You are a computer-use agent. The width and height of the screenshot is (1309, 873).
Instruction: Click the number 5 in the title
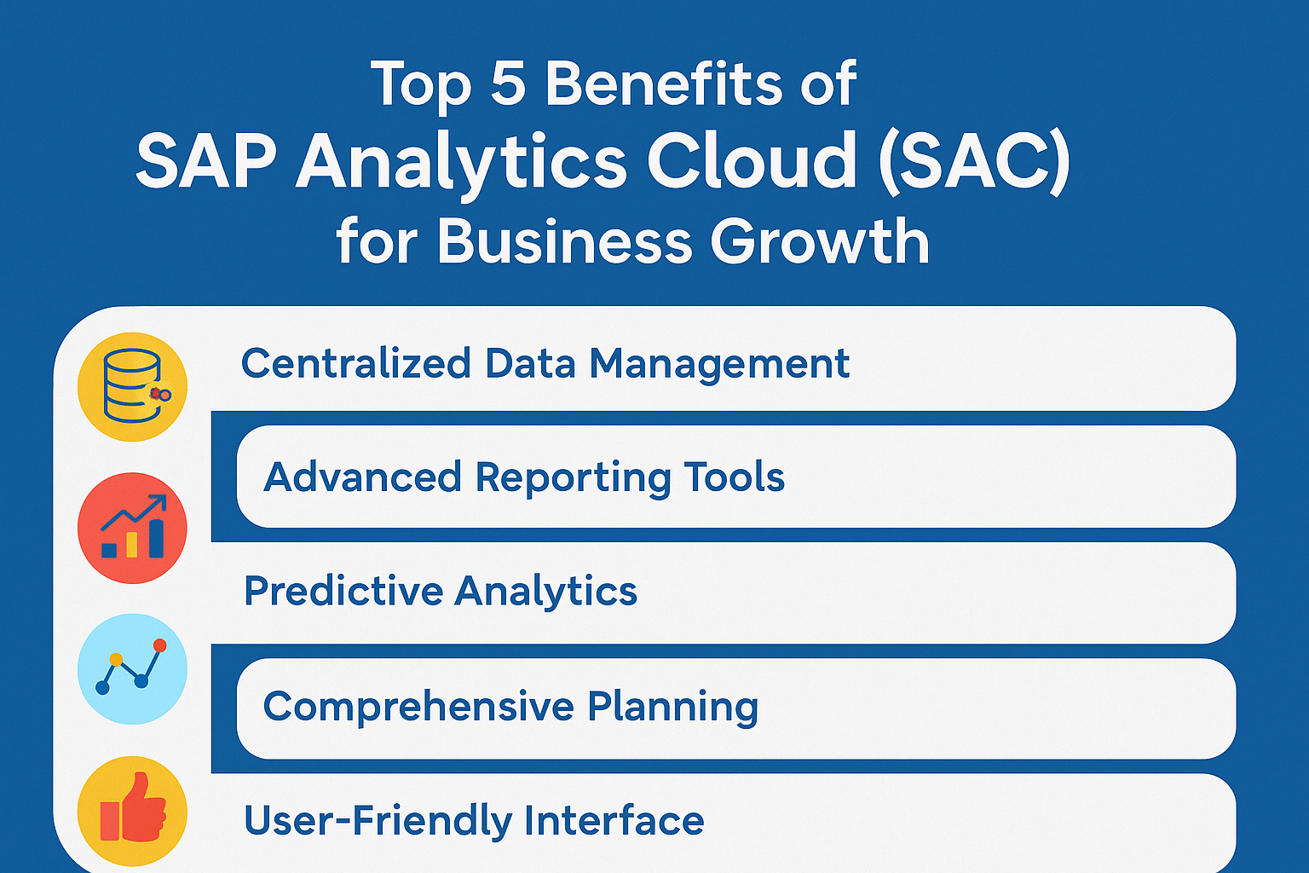(508, 84)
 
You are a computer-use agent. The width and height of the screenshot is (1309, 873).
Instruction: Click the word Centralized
(356, 363)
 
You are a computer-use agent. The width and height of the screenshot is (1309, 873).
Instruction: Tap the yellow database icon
(132, 386)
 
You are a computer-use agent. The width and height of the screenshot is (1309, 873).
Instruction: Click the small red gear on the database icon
(155, 394)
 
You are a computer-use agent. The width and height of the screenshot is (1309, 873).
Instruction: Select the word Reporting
(573, 478)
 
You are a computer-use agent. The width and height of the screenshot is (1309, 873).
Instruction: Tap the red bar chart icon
(132, 528)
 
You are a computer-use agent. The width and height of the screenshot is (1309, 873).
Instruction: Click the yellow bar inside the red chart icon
(132, 545)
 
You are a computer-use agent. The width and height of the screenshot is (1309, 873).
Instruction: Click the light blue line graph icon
(132, 669)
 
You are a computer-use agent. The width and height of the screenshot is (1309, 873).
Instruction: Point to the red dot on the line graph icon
(159, 645)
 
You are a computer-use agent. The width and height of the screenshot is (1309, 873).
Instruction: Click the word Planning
(672, 708)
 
